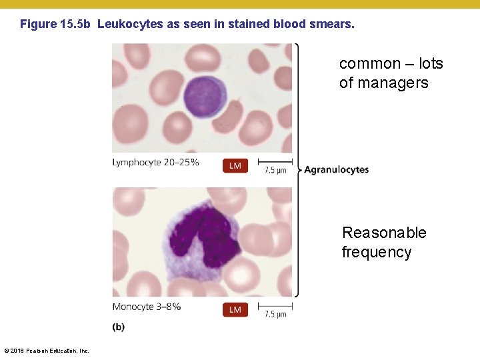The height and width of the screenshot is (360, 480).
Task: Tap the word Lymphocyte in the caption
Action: coord(137,163)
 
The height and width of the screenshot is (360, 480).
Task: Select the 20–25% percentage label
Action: coord(181,163)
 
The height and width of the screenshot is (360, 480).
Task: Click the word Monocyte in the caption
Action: coord(133,307)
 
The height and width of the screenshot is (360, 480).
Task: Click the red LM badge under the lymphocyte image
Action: coord(235,165)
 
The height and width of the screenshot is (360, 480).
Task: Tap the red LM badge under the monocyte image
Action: coord(235,309)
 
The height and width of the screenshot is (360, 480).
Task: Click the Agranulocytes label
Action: coord(337,170)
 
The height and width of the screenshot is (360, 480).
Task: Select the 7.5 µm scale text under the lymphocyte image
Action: coord(275,171)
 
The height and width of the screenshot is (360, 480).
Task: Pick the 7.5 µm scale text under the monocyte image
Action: coord(275,314)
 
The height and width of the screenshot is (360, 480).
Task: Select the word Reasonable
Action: coord(384,233)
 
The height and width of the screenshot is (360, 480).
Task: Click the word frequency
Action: coord(377,252)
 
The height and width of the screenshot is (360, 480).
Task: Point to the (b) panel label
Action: coord(118,327)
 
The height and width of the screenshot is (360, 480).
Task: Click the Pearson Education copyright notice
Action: coord(47,351)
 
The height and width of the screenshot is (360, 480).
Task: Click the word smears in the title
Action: coord(333,24)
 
